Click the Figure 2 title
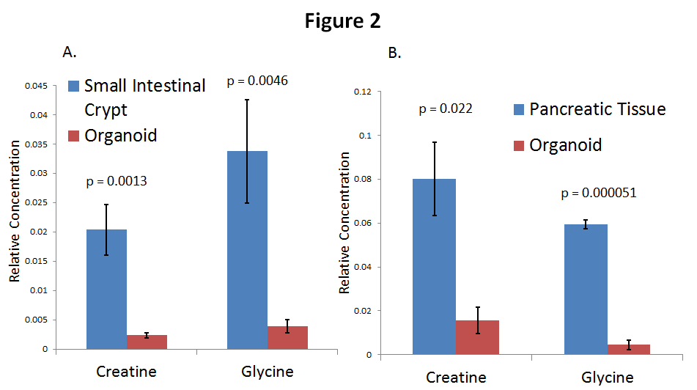point(343,21)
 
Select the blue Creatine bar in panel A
point(106,289)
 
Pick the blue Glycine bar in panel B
point(586,289)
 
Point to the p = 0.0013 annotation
point(117,180)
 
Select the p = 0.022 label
point(446,108)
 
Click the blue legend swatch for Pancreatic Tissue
point(518,110)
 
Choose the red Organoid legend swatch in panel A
point(73,136)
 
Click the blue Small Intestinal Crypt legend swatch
point(73,86)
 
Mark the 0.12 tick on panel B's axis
point(364,92)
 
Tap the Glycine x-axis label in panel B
point(608,378)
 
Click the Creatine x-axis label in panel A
point(126,372)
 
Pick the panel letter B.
point(394,53)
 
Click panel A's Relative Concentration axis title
point(14,217)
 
